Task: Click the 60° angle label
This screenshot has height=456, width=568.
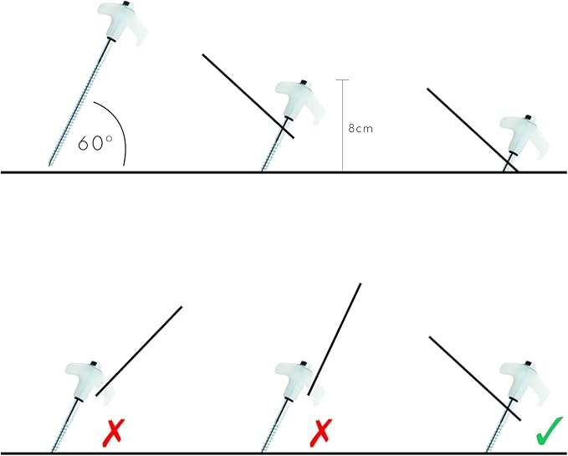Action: pyautogui.click(x=95, y=143)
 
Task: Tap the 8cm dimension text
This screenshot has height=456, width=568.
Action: pyautogui.click(x=361, y=128)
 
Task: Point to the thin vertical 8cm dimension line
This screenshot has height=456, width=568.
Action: pyautogui.click(x=342, y=126)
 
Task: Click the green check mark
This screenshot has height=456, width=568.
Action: pyautogui.click(x=549, y=431)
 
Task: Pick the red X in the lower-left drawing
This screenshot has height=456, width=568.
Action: pyautogui.click(x=114, y=432)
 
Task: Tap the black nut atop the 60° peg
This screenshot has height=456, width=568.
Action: pyautogui.click(x=126, y=4)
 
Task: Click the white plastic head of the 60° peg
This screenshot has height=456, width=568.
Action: pyautogui.click(x=122, y=22)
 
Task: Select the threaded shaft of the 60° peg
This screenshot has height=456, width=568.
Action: pyautogui.click(x=79, y=102)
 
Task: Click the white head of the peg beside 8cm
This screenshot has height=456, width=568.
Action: pyautogui.click(x=299, y=100)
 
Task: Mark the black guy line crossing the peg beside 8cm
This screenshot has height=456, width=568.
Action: pyautogui.click(x=248, y=96)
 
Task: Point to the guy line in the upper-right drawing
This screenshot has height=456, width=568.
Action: pyautogui.click(x=473, y=130)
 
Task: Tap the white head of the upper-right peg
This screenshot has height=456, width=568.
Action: pyautogui.click(x=525, y=136)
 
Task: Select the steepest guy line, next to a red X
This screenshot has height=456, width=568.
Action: pyautogui.click(x=335, y=339)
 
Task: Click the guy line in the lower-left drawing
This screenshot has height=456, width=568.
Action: pyautogui.click(x=139, y=351)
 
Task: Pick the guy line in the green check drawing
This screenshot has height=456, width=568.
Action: pyautogui.click(x=475, y=379)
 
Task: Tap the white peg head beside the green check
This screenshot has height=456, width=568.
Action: pyautogui.click(x=525, y=381)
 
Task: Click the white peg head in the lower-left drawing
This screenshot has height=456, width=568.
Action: pyautogui.click(x=90, y=381)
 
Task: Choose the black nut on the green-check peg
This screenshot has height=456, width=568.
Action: pyautogui.click(x=528, y=363)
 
